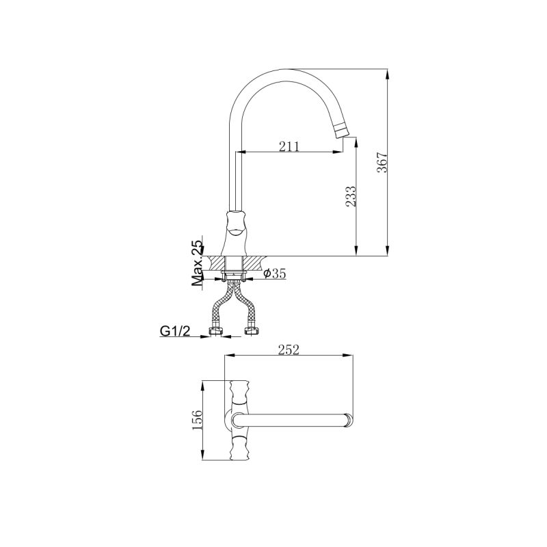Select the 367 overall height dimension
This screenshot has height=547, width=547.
pyautogui.click(x=383, y=162)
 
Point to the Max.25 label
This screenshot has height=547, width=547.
pyautogui.click(x=198, y=263)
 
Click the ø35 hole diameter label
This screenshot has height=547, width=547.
pyautogui.click(x=275, y=273)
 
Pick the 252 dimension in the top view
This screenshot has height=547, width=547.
pyautogui.click(x=289, y=349)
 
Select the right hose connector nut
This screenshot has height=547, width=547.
pyautogui.click(x=252, y=332)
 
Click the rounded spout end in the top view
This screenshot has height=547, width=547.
pyautogui.click(x=349, y=418)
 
